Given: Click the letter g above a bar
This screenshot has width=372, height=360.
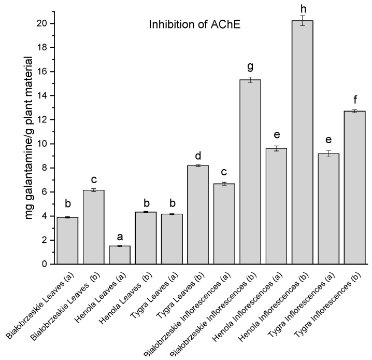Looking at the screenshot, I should pos(250,67).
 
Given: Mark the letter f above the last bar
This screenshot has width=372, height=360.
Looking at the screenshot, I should pos(354,100).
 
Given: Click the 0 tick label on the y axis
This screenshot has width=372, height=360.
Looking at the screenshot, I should pos(45,264).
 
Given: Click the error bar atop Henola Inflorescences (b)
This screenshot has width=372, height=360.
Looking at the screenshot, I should pos(302,21).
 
